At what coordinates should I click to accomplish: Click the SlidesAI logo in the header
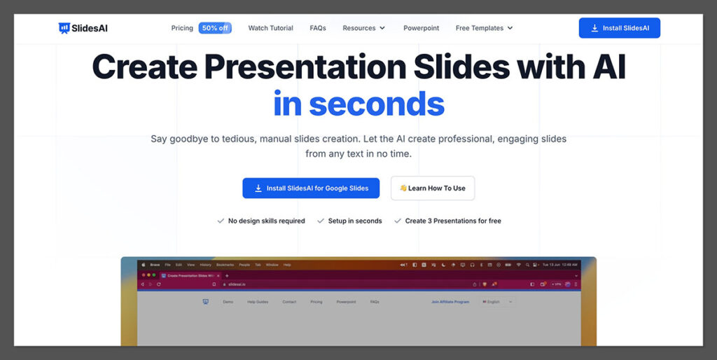pyautogui.click(x=83, y=28)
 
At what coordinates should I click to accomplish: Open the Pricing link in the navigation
pyautogui.click(x=182, y=28)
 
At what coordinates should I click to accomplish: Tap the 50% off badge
pyautogui.click(x=214, y=28)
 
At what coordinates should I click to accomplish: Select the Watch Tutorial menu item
pyautogui.click(x=270, y=28)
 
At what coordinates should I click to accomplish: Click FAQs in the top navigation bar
pyautogui.click(x=318, y=28)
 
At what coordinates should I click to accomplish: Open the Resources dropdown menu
pyautogui.click(x=363, y=28)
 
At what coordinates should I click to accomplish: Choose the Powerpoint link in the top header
pyautogui.click(x=421, y=28)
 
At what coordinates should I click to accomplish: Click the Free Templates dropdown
pyautogui.click(x=484, y=28)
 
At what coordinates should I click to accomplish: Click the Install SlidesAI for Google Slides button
pyautogui.click(x=311, y=188)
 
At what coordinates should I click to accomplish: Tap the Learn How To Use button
pyautogui.click(x=433, y=188)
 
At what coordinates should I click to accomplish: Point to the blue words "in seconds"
pyautogui.click(x=358, y=104)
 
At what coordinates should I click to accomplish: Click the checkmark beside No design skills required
pyautogui.click(x=221, y=221)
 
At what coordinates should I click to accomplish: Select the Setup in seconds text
pyautogui.click(x=355, y=221)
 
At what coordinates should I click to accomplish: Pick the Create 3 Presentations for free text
pyautogui.click(x=453, y=221)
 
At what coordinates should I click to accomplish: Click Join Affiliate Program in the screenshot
pyautogui.click(x=450, y=302)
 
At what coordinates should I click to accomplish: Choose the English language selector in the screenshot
pyautogui.click(x=497, y=302)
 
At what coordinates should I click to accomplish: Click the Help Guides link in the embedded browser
pyautogui.click(x=257, y=302)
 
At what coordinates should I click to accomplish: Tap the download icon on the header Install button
pyautogui.click(x=594, y=28)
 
